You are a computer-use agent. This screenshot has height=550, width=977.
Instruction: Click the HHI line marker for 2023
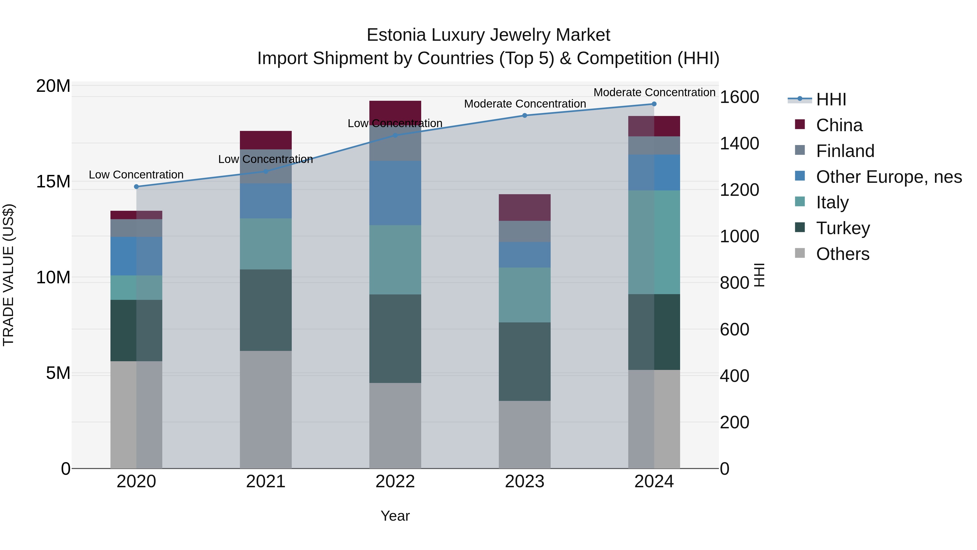[525, 115]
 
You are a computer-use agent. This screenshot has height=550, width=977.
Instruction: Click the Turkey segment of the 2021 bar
[265, 310]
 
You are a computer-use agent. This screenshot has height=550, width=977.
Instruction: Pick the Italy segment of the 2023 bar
[525, 295]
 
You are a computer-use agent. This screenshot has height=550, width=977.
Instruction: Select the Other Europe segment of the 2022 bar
[395, 193]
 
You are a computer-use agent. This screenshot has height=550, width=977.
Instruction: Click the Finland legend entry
[845, 151]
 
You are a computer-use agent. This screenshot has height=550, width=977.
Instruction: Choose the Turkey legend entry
[843, 228]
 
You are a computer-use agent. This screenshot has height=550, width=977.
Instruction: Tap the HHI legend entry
[831, 99]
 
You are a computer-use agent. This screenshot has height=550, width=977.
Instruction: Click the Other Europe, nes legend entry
[889, 177]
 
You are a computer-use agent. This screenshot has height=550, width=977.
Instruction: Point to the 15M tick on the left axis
[53, 182]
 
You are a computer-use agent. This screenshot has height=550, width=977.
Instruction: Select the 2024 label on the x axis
[654, 482]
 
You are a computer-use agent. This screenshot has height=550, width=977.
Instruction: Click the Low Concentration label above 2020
[136, 175]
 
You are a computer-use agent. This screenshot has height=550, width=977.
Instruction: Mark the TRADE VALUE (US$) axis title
[8, 275]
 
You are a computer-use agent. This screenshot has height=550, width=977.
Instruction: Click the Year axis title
[395, 516]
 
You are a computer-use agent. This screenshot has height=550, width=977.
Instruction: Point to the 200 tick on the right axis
[734, 422]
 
